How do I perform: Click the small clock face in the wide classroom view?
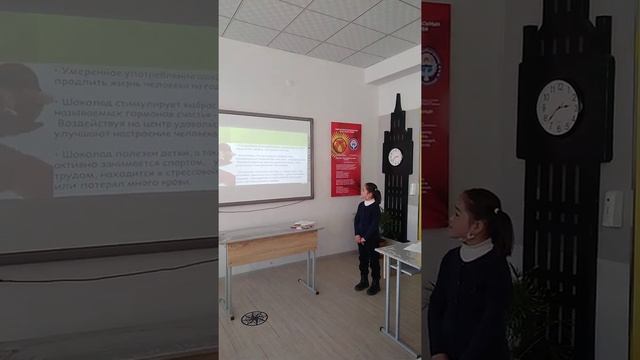coord(395,156)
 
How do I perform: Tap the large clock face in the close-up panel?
coord(558,106)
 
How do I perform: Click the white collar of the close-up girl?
coord(476,247)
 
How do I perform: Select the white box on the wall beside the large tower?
coord(612,209)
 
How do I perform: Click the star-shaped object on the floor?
coord(254,318)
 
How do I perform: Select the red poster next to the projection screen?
coord(346,158)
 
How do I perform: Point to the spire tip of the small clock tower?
coord(397,97)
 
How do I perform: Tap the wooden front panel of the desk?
coord(272,247)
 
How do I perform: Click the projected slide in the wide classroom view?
coord(264,155)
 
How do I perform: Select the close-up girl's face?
coord(470,215)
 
